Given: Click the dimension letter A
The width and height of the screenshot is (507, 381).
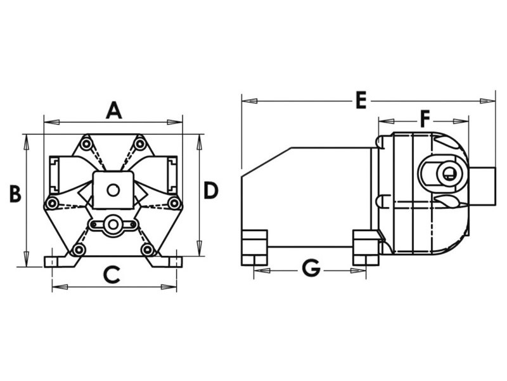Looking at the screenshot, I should (x=113, y=111).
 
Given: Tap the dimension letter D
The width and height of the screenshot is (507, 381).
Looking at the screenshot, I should (x=211, y=190).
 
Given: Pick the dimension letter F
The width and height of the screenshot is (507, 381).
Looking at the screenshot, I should (x=425, y=118).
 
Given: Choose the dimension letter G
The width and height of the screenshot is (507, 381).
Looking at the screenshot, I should (x=311, y=269).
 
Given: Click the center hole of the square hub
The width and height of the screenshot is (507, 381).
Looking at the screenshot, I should (x=113, y=189).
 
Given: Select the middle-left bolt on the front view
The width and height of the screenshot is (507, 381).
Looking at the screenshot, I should (x=53, y=203).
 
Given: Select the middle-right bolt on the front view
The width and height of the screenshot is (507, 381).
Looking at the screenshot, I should (x=173, y=203).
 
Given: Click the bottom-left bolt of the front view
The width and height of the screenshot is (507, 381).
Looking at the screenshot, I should (x=79, y=250).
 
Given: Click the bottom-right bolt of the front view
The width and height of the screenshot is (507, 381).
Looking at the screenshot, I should (x=147, y=250).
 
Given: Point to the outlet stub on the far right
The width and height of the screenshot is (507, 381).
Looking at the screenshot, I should (x=482, y=185).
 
